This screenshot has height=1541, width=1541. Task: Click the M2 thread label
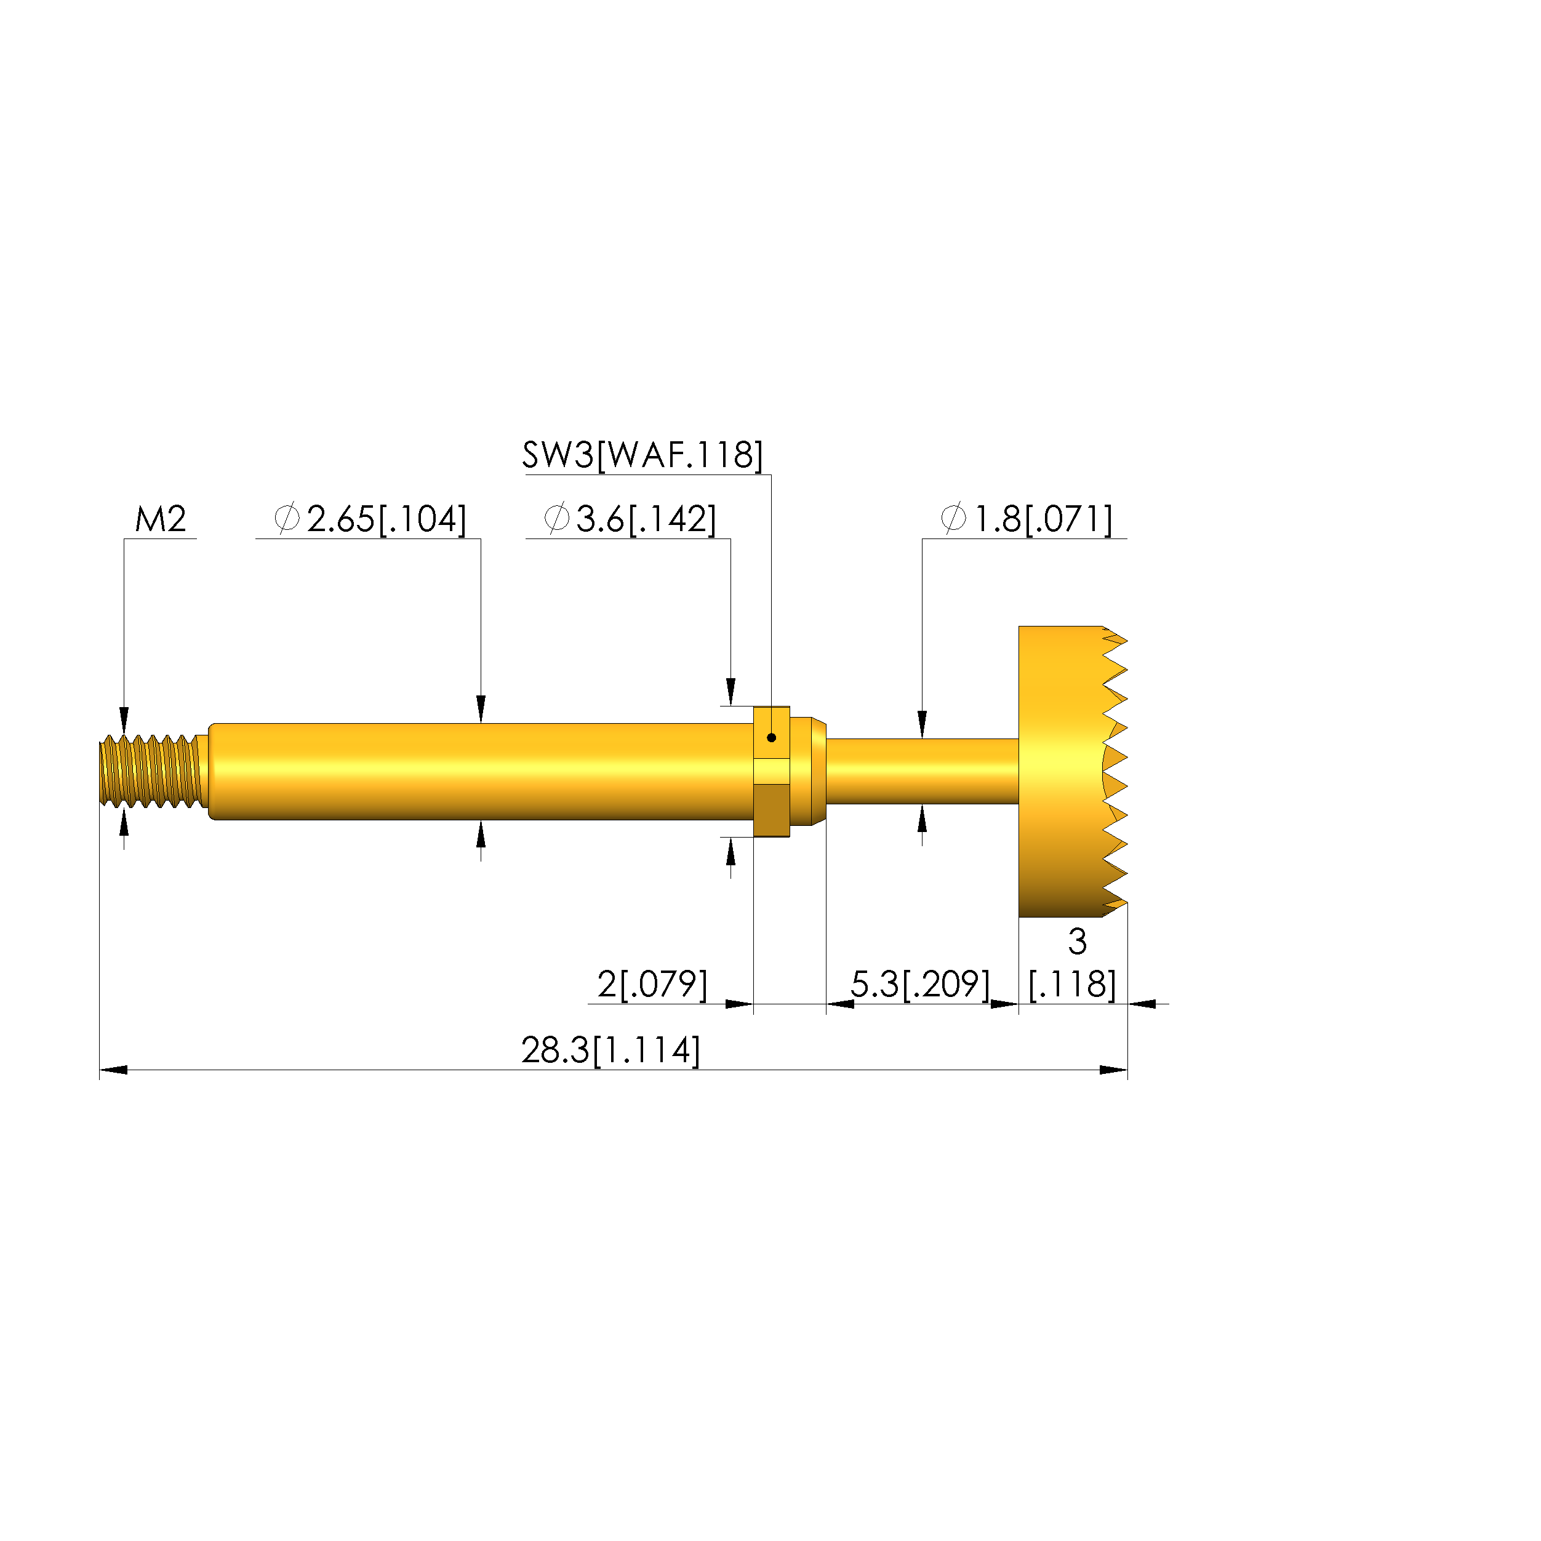[x=161, y=519]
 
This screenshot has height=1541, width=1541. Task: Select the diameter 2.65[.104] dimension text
[x=370, y=519]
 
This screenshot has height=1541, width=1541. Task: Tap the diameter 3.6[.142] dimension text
[x=630, y=519]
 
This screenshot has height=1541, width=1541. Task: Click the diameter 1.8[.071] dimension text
[x=1027, y=519]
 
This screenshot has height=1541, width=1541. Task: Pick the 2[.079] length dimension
[x=652, y=983]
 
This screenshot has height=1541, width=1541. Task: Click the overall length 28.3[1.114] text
[x=611, y=1050]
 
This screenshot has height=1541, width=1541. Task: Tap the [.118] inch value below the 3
[x=1072, y=984]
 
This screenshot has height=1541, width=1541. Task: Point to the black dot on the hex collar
[x=771, y=738]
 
